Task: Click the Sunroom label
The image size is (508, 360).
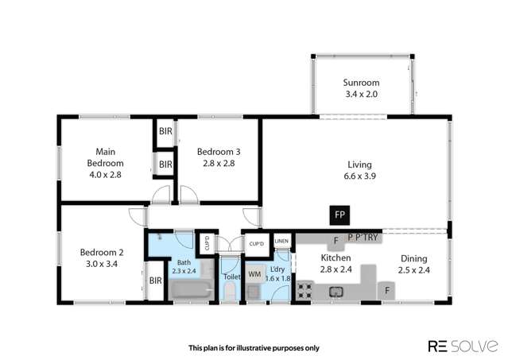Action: [x=362, y=83]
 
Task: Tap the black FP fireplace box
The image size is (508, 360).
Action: [x=339, y=215]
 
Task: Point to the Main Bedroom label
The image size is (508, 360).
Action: [x=106, y=156]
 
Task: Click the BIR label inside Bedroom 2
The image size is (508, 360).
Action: [x=156, y=280]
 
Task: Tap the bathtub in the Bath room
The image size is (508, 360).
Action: [x=191, y=292]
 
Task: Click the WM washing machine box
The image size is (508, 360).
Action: [x=254, y=274]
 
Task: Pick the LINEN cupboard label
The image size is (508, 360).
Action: [x=281, y=241]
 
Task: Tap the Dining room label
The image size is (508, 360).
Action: [x=413, y=259]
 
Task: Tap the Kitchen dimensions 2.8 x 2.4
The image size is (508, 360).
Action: [x=336, y=270]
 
